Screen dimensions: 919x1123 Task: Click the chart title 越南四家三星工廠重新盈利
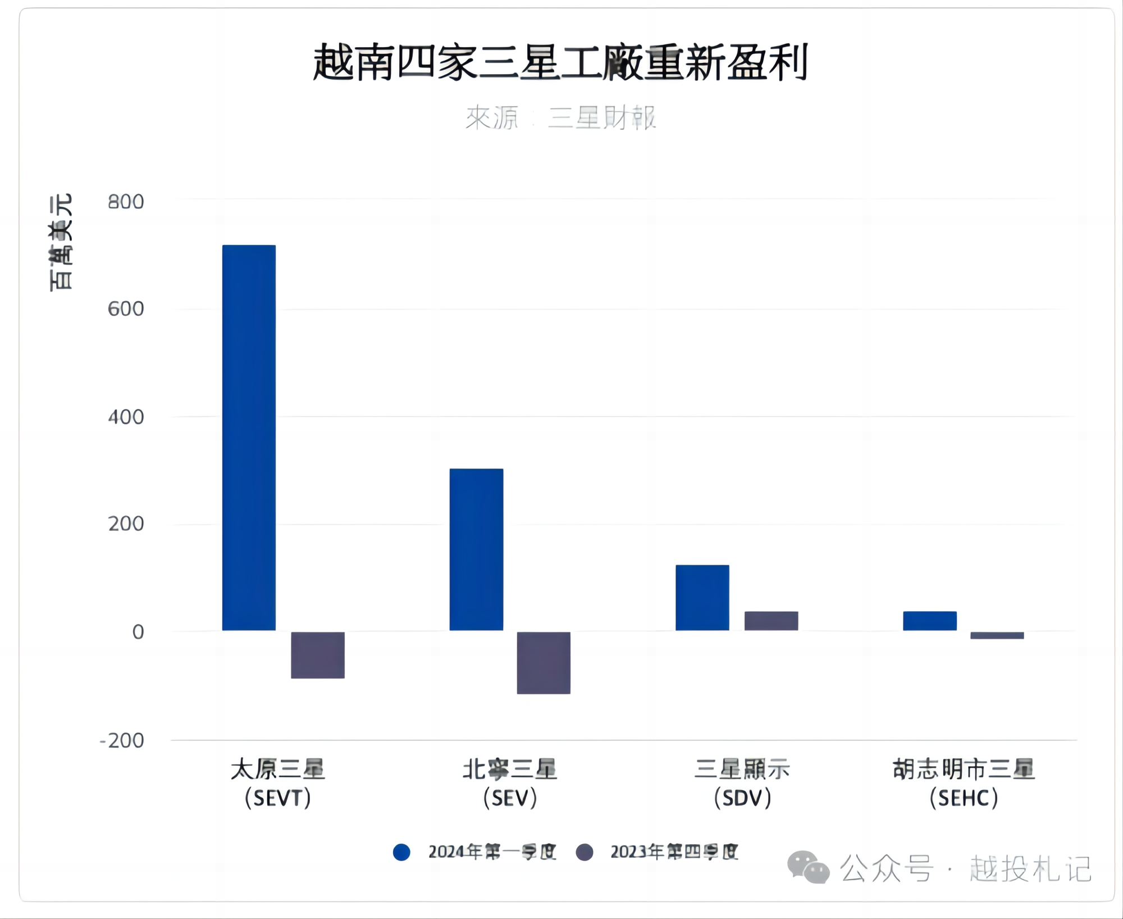560,62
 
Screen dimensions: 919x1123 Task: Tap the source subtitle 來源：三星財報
560,117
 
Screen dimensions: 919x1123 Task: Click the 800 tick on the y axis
126,202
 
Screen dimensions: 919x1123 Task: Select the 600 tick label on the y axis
126,309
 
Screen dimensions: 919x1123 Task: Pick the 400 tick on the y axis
126,417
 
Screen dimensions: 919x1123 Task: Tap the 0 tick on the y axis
138,632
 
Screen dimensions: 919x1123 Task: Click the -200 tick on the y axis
122,740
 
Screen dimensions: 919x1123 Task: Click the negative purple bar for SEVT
318,654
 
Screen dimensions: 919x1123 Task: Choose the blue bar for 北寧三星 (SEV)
476,549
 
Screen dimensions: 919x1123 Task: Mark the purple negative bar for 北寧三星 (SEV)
544,662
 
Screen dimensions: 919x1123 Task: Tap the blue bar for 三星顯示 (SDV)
702,597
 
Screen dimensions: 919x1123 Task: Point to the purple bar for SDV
771,620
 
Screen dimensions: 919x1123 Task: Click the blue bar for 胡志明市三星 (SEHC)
930,620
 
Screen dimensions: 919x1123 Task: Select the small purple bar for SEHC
997,635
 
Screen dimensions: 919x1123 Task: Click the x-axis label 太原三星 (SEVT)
278,783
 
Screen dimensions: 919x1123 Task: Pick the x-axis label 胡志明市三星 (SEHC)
964,783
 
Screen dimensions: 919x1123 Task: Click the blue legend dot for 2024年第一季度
401,852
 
